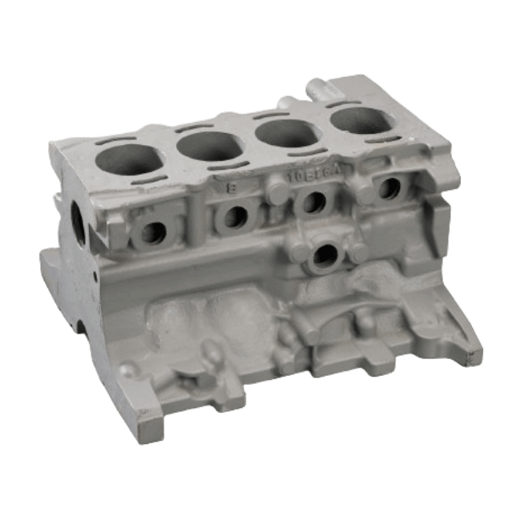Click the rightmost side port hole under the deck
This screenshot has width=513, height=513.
(390, 188)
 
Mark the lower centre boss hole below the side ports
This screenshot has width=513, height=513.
(326, 256)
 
